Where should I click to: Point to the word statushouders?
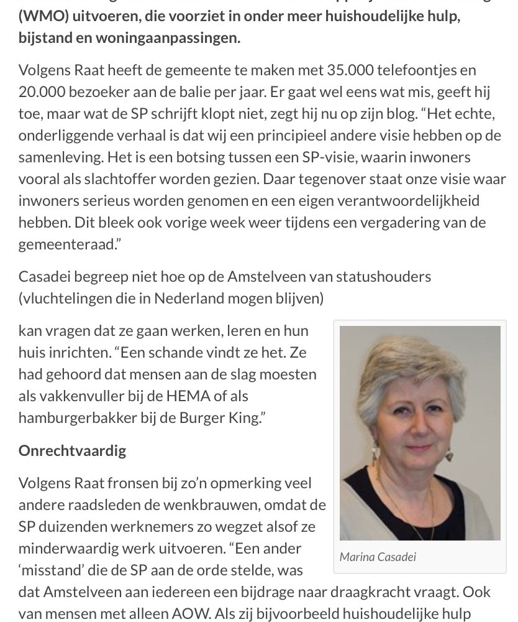383,276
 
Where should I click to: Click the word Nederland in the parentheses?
189,298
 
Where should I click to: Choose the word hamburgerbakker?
78,417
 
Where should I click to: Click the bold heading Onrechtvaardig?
72,450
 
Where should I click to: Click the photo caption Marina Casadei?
378,557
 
